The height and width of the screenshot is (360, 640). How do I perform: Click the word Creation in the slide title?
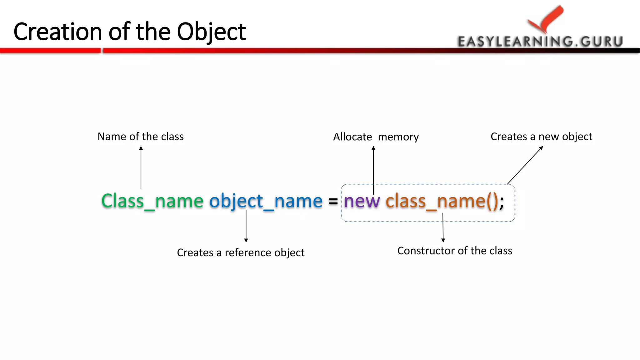click(x=58, y=32)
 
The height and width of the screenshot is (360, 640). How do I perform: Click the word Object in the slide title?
click(x=212, y=32)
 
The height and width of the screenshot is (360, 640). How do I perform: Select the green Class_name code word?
click(x=152, y=201)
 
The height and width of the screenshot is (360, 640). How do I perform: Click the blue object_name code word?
click(x=266, y=201)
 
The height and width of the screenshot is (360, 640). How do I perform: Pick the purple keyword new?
click(x=362, y=201)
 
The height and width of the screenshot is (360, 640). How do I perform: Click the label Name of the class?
click(x=141, y=137)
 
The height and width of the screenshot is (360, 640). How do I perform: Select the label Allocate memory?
click(x=376, y=137)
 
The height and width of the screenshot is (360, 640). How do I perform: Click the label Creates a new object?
click(x=541, y=137)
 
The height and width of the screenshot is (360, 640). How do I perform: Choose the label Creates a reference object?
click(x=241, y=252)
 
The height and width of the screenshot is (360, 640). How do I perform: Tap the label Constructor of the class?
click(x=455, y=251)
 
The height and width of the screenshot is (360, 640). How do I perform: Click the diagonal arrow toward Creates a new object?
click(x=525, y=165)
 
